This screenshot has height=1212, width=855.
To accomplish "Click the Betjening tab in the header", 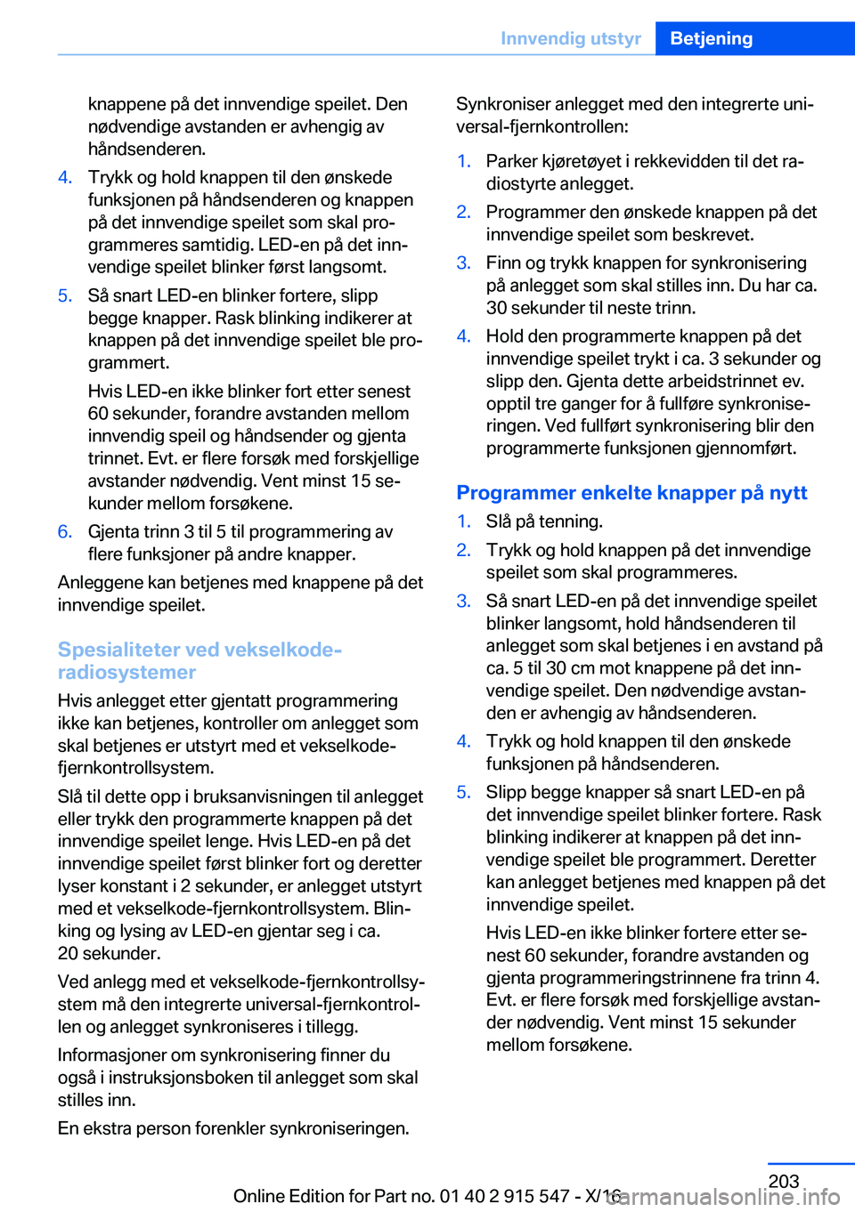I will click(711, 38).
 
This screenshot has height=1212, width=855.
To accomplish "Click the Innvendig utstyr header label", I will click(570, 38).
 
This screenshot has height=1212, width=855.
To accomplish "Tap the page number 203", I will click(783, 1181).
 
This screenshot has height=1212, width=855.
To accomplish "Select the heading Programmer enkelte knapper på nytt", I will click(631, 493).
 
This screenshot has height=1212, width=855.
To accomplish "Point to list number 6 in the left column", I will click(65, 532).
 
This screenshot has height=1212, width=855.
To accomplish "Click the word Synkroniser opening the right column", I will click(502, 104).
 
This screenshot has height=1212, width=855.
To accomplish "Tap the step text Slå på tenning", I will click(544, 521).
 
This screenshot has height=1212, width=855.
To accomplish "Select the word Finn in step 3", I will click(503, 263).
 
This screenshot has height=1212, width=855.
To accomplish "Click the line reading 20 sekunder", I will click(109, 953).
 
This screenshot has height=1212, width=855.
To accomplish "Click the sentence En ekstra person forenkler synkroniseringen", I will click(233, 1128).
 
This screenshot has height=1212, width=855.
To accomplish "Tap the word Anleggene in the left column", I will click(98, 582).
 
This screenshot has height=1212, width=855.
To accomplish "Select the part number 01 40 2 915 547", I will click(504, 1196).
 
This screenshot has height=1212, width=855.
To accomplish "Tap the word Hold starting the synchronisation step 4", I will click(505, 336).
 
